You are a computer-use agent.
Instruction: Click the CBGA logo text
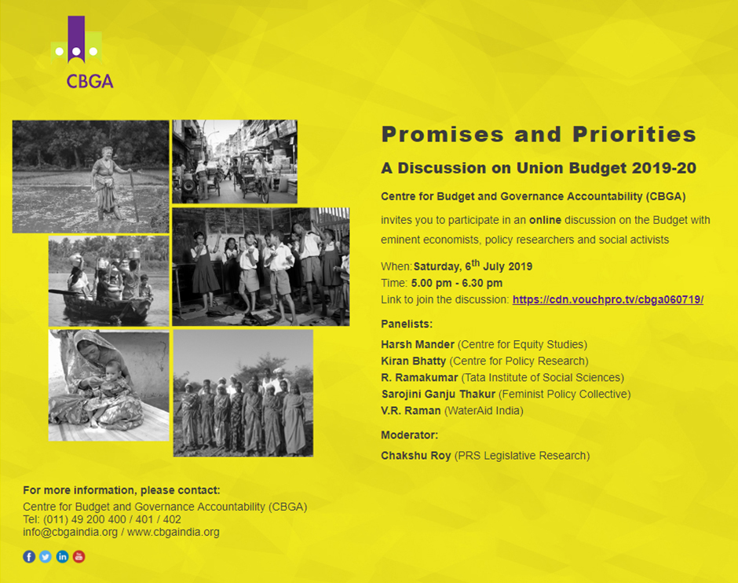(90, 81)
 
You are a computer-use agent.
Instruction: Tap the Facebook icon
(29, 556)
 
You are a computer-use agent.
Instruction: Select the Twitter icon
(46, 556)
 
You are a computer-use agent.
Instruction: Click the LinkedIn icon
(62, 556)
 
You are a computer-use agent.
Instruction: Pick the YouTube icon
(79, 556)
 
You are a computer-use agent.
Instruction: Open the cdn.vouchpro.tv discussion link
(608, 299)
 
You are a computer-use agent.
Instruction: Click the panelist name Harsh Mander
(418, 344)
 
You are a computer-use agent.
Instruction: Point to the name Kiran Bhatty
(413, 361)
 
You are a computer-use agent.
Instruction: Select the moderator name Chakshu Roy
(416, 456)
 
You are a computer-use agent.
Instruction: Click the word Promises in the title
(443, 134)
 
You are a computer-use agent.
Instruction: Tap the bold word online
(545, 220)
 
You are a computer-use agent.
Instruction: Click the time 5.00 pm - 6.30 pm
(457, 283)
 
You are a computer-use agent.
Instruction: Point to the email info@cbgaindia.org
(70, 532)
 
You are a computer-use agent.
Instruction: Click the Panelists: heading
(407, 324)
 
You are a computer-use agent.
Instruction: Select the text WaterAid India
(484, 411)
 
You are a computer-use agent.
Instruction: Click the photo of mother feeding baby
(108, 385)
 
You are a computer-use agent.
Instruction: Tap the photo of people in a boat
(108, 281)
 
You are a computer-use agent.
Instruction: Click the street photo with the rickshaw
(235, 162)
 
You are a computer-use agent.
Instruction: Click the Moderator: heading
(410, 435)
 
